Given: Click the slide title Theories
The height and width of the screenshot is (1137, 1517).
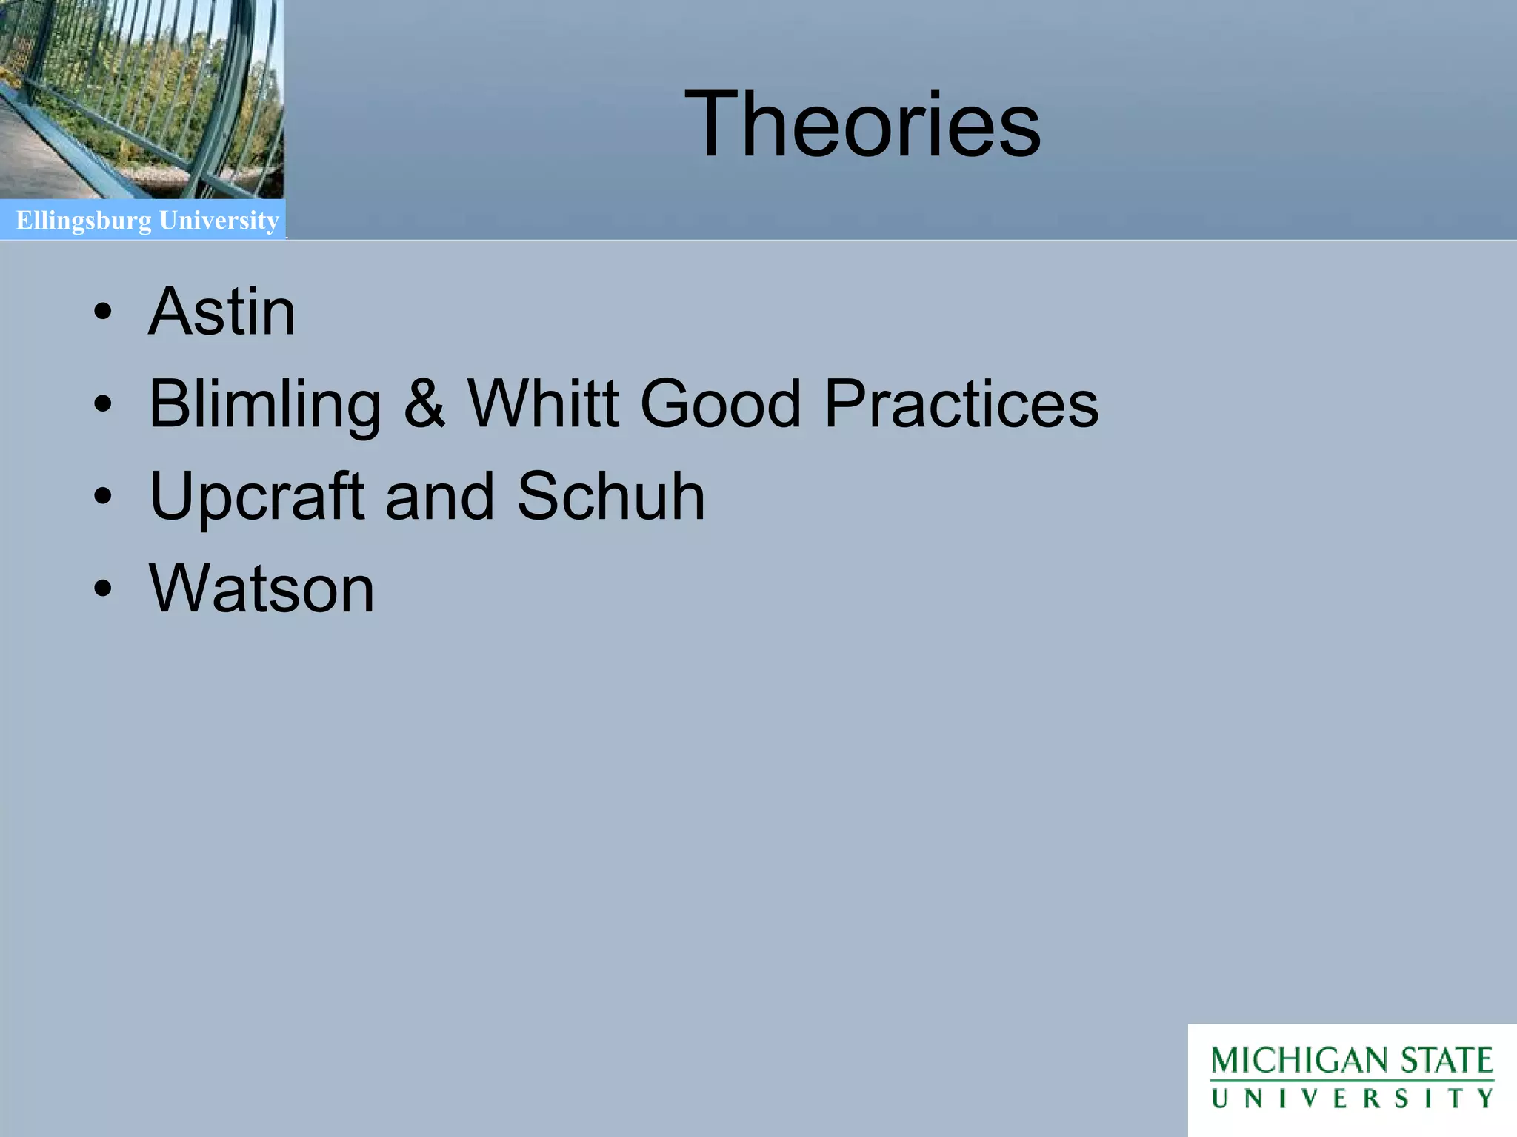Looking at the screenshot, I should click(x=862, y=124).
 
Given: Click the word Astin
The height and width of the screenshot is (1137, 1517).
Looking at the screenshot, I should click(x=222, y=312).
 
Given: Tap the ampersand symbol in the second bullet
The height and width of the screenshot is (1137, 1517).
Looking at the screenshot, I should click(x=425, y=404).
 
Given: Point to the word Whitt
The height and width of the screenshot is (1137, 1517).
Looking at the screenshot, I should click(x=543, y=404).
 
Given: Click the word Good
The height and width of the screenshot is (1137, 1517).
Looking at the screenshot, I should click(x=721, y=404).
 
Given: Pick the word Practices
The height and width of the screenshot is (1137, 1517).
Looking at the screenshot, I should click(x=961, y=404).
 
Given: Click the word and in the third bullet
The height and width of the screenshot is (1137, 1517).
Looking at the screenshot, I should click(x=440, y=497).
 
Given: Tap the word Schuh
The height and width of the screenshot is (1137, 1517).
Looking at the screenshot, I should click(x=611, y=496).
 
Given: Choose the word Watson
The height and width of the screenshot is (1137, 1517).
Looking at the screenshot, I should click(x=261, y=589).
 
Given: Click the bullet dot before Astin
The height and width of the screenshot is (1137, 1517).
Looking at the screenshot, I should click(x=103, y=312).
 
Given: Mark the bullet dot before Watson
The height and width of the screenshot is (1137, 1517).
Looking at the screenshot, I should click(x=103, y=589).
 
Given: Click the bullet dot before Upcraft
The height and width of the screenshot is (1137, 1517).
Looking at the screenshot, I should click(x=103, y=497).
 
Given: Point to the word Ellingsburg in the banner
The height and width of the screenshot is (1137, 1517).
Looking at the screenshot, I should click(x=84, y=221).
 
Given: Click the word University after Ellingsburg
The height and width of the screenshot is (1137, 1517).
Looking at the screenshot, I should click(x=219, y=221).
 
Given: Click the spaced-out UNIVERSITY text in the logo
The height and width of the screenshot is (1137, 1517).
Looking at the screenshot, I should click(x=1353, y=1099).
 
